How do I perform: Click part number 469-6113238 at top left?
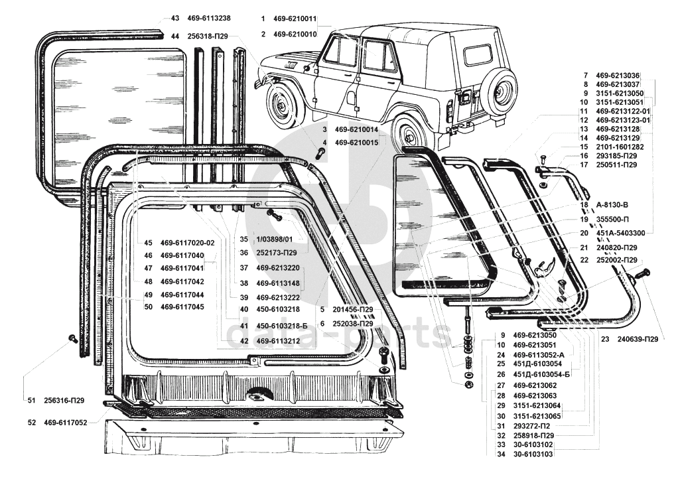pyautogui.click(x=209, y=18)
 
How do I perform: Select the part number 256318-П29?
pyautogui.click(x=208, y=36)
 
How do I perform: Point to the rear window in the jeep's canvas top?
pyautogui.click(x=477, y=54)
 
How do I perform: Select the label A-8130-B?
pyautogui.click(x=612, y=204)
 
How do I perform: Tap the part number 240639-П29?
pyautogui.click(x=638, y=339)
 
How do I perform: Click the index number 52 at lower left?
pyautogui.click(x=32, y=423)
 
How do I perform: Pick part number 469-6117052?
pyautogui.click(x=65, y=423)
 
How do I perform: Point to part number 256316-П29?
pyautogui.click(x=64, y=401)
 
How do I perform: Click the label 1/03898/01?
pyautogui.click(x=275, y=240)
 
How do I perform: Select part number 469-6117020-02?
pyautogui.click(x=187, y=243)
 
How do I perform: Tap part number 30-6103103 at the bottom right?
pyautogui.click(x=533, y=454)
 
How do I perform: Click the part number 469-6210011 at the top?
pyautogui.click(x=295, y=19)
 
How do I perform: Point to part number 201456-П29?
pyautogui.click(x=353, y=310)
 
